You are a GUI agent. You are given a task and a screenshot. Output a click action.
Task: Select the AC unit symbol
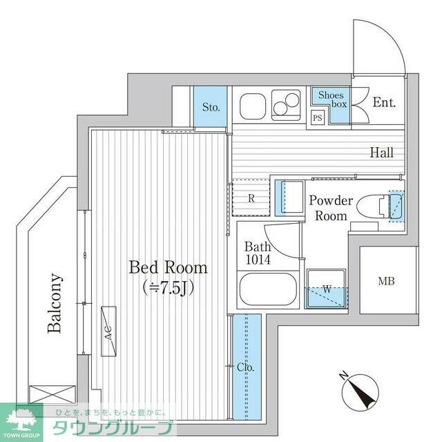click(108, 331)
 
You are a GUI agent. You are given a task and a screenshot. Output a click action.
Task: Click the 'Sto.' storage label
click(211, 107)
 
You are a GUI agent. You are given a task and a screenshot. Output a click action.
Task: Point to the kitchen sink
click(249, 106)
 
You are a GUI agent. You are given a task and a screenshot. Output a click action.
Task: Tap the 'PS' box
click(318, 117)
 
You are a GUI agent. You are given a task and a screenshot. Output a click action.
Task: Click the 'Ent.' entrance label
click(384, 103)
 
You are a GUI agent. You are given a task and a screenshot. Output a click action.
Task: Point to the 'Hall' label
click(381, 152)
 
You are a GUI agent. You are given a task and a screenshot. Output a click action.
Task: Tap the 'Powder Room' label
click(330, 208)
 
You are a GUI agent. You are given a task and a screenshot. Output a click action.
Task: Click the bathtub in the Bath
click(267, 290)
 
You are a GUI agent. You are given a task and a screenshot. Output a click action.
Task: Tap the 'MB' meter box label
click(387, 281)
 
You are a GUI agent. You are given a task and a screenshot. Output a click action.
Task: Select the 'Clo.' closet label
click(245, 367)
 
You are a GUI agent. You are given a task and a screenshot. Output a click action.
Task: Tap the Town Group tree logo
click(23, 421)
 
